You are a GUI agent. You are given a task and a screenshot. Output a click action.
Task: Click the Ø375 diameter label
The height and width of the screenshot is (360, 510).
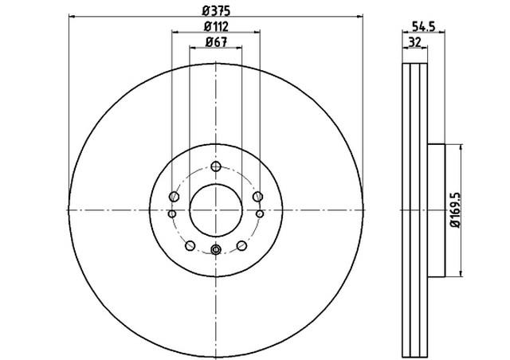[x=216, y=10]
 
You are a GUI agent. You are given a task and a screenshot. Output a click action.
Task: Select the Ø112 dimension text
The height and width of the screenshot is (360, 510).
[x=216, y=26]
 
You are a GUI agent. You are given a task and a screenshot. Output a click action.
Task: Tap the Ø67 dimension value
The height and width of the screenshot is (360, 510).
[x=216, y=41]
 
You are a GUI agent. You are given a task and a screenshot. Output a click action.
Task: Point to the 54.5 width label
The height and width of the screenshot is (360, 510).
[x=423, y=26]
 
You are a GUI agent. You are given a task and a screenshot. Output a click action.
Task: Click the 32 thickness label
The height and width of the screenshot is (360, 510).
[x=414, y=42]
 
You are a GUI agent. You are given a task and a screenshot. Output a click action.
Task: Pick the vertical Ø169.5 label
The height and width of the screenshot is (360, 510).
[x=455, y=210]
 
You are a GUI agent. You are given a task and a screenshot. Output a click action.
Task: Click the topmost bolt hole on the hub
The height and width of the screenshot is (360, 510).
[x=216, y=166]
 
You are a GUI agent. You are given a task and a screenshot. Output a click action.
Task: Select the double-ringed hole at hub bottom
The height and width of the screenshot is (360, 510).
[x=216, y=250]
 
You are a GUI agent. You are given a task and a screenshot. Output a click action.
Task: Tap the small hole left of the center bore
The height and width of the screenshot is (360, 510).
[x=172, y=213]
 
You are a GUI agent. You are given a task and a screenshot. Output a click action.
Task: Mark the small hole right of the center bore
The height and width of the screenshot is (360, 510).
[x=260, y=213]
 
